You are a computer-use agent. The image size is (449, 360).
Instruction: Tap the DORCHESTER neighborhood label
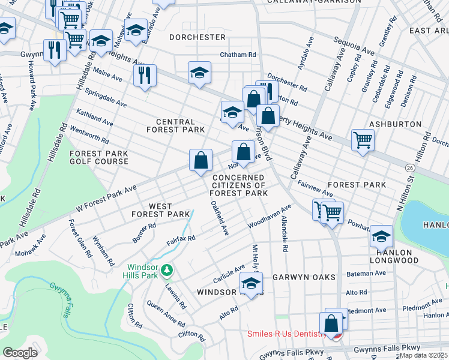[197, 37]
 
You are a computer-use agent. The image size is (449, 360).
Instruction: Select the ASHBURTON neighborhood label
[405, 124]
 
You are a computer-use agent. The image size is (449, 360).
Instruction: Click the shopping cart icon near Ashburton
[363, 140]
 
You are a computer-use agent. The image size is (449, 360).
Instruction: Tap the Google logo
[20, 352]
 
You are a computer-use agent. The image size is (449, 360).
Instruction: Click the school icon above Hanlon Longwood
[381, 236]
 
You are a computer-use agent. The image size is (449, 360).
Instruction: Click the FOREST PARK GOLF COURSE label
[99, 157]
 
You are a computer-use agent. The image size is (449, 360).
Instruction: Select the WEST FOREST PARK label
[161, 210]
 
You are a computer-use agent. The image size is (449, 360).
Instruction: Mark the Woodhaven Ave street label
[270, 216]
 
